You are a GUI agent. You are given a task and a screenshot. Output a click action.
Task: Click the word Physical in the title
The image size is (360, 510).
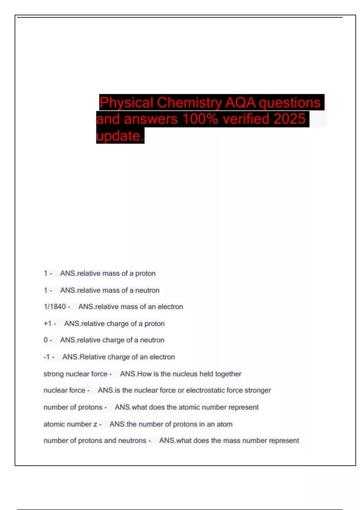pos(126,103)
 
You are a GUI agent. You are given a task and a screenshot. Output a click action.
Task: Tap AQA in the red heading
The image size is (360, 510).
pos(240,103)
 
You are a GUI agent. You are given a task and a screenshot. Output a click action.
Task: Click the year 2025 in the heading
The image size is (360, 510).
pos(289,119)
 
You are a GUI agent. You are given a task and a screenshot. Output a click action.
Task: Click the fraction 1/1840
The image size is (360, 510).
pos(55,307)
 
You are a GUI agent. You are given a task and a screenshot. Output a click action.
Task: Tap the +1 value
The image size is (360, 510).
pos(48,323)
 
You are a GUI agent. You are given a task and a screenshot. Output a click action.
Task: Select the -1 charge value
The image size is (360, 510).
pos(46,357)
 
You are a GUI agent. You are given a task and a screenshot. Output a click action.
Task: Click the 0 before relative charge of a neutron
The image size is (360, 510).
pos(46,340)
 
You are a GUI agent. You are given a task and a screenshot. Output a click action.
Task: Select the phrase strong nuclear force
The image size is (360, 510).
pos(75,374)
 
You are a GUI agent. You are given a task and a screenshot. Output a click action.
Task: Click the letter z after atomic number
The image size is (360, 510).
pos(95,424)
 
